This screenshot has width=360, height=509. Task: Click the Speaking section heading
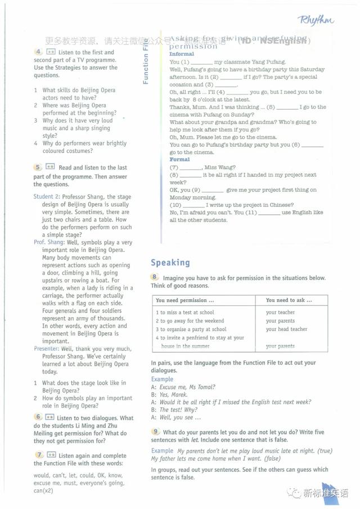[170, 263]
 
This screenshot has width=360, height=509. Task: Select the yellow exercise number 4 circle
[38, 52]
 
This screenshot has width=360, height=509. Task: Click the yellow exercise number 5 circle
[38, 167]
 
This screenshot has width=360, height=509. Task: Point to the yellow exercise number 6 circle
[38, 417]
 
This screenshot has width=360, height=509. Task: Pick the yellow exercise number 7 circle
[38, 454]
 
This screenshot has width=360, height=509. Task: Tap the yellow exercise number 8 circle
[154, 277]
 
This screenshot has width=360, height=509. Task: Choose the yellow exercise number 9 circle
[154, 431]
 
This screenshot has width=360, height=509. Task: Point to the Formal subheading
[180, 160]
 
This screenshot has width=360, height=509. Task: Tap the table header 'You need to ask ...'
[289, 300]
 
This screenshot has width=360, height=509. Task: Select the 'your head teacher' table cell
[286, 329]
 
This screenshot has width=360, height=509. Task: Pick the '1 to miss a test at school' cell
[184, 312]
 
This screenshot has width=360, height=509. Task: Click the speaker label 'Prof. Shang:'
[47, 242]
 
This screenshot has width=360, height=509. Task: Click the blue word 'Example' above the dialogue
[162, 379]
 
